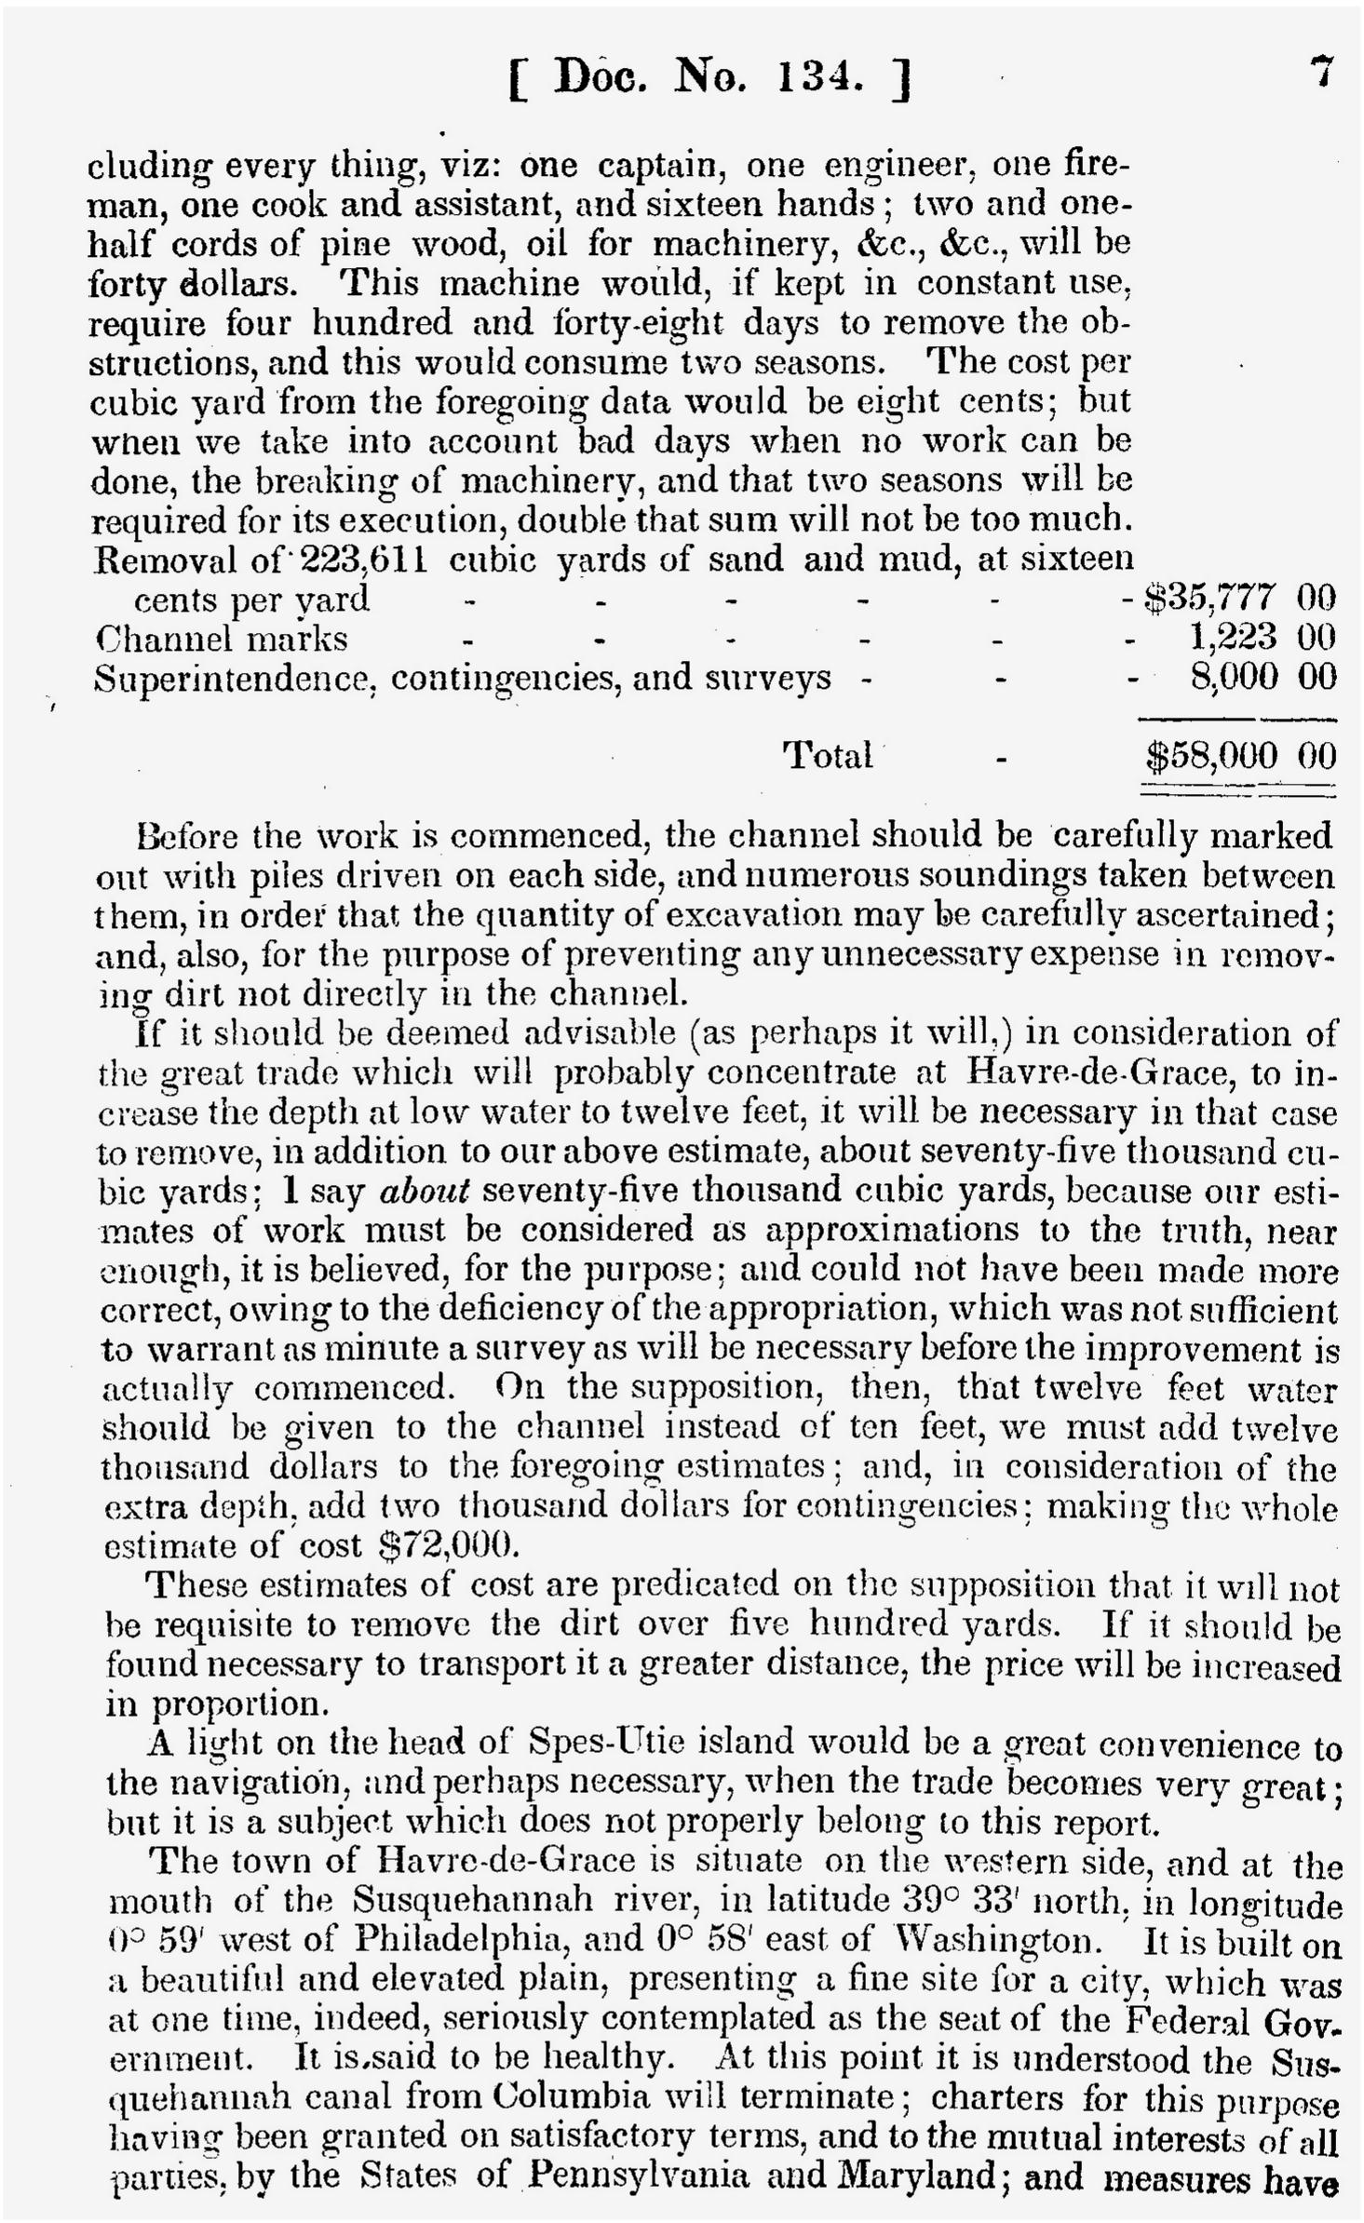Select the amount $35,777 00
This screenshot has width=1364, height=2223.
[1239, 598]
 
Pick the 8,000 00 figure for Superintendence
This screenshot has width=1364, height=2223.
[1263, 677]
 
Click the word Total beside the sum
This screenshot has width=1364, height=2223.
[828, 755]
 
